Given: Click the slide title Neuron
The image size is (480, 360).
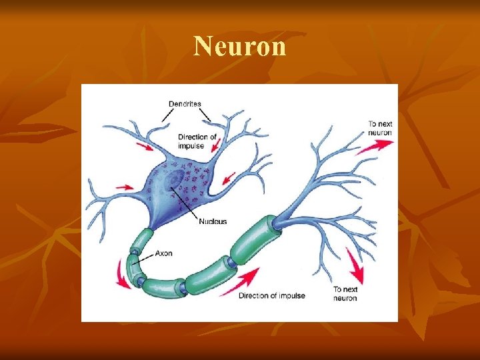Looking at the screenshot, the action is click(x=240, y=46).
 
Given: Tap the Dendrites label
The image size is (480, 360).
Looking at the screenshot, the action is click(x=185, y=104).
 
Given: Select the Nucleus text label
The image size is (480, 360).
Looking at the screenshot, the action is click(x=212, y=221).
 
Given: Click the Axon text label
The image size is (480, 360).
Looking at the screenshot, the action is click(x=164, y=253).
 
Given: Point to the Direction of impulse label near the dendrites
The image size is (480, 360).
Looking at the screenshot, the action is click(x=197, y=141).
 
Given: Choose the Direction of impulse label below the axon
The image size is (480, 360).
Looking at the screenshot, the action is click(x=271, y=295).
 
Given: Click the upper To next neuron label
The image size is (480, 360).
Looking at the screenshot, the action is click(x=379, y=128).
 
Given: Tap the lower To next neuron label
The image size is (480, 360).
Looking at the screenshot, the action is click(x=345, y=293).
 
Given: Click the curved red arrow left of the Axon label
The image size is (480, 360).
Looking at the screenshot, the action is click(x=121, y=273).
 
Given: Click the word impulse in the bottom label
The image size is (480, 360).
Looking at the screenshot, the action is click(x=291, y=295).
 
